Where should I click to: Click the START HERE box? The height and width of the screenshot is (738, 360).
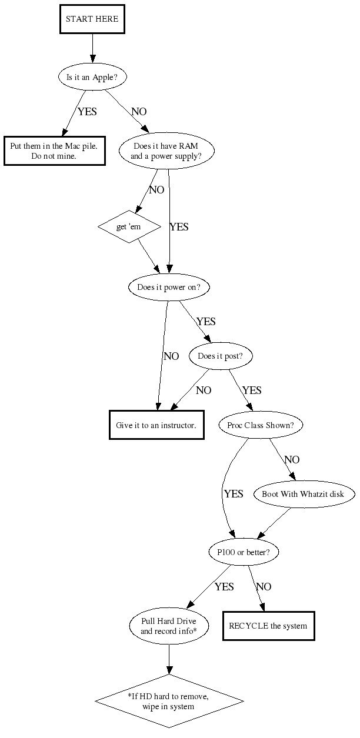(x=92, y=19)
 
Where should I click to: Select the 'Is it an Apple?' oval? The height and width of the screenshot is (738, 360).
(x=92, y=76)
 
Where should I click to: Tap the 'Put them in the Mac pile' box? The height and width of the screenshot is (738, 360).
(x=55, y=151)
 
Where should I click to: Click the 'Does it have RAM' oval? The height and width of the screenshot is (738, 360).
(x=166, y=152)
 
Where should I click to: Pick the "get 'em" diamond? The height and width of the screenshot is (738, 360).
(x=129, y=226)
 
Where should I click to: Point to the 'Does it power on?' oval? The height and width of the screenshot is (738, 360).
(x=169, y=288)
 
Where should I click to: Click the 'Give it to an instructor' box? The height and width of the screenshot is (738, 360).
(x=156, y=425)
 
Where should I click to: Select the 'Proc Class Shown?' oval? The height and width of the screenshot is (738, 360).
(x=261, y=425)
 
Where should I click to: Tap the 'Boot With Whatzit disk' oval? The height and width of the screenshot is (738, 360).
(x=304, y=494)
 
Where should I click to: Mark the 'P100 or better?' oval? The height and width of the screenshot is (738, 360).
(x=244, y=552)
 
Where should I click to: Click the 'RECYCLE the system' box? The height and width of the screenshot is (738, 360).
(x=269, y=626)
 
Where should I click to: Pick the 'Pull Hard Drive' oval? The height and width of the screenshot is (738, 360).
(x=169, y=626)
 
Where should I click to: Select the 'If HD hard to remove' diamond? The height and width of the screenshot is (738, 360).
(x=169, y=701)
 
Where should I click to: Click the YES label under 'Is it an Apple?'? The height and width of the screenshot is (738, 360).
(x=87, y=112)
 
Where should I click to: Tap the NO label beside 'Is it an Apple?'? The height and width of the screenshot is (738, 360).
(x=139, y=112)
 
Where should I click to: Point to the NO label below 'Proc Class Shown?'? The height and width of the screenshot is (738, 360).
(x=292, y=460)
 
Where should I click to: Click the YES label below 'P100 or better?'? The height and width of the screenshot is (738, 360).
(x=224, y=587)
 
